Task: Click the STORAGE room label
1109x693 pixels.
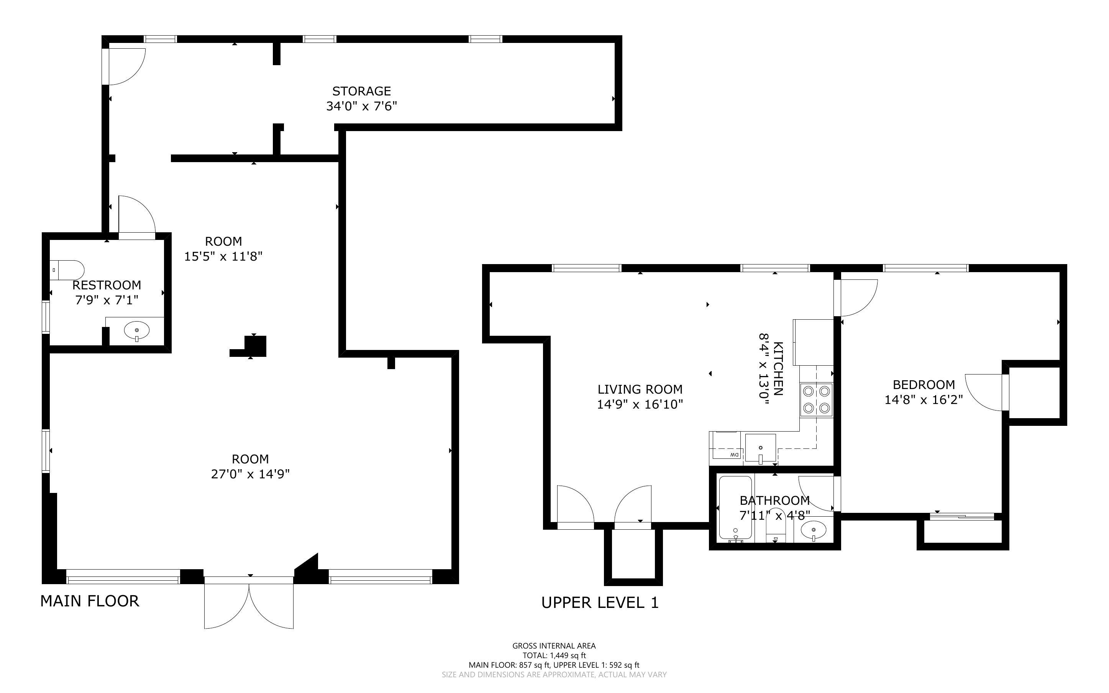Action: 361,91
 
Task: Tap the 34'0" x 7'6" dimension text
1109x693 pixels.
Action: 361,106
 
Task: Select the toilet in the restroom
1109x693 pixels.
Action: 67,270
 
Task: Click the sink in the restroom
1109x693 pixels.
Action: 136,330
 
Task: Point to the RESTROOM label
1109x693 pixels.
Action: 107,285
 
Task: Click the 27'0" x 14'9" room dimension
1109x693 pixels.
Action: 250,474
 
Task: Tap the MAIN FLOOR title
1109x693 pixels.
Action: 90,601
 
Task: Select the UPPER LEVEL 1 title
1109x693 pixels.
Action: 600,603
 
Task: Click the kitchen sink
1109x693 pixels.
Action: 760,448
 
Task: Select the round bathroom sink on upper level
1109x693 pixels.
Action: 814,531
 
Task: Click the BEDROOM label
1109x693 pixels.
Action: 924,384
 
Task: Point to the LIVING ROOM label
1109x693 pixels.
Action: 640,389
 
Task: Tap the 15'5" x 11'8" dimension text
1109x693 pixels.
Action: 223,256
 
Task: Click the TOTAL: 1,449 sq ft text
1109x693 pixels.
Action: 554,655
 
